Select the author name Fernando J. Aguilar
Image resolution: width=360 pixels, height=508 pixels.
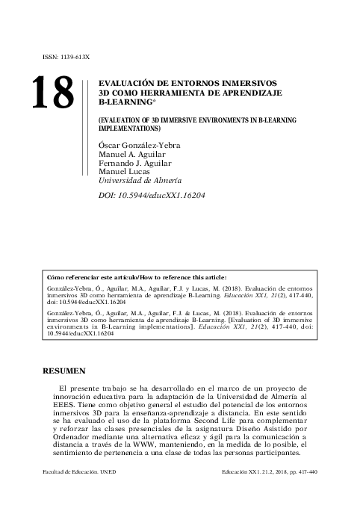(x=136, y=163)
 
